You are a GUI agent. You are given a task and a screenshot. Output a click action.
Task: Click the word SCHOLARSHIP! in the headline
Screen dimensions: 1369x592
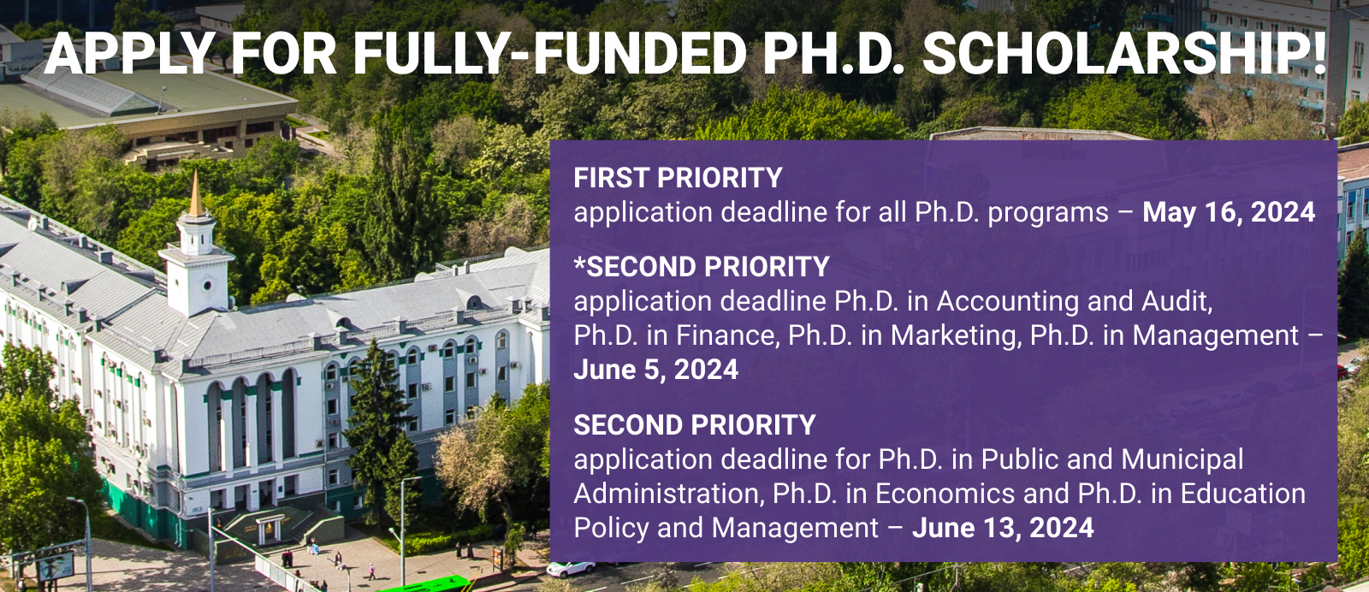pyautogui.click(x=1123, y=52)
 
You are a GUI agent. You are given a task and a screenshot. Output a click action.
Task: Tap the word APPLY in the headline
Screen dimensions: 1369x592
pyautogui.click(x=128, y=52)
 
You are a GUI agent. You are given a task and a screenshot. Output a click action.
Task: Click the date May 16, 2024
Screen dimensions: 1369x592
pyautogui.click(x=1229, y=213)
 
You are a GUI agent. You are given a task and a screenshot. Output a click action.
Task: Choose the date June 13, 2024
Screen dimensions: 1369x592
pyautogui.click(x=1003, y=528)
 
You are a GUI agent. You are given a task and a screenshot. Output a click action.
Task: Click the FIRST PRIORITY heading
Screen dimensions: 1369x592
pyautogui.click(x=678, y=178)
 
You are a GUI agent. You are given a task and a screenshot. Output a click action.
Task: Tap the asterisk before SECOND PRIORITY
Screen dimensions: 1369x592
pyautogui.click(x=579, y=262)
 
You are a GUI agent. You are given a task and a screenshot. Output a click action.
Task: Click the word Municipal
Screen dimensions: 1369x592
pyautogui.click(x=1182, y=459)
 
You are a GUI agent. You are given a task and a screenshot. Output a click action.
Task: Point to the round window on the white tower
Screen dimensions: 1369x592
pyautogui.click(x=207, y=286)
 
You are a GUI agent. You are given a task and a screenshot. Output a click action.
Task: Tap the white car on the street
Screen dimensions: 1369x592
pyautogui.click(x=570, y=569)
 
